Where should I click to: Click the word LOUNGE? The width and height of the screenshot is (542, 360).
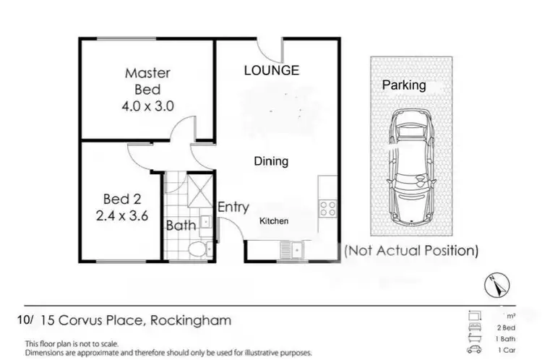[271, 70]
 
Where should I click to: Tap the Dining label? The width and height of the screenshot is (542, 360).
[271, 161]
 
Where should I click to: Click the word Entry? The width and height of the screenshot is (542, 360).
[233, 207]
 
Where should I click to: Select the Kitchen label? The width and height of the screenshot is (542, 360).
[274, 220]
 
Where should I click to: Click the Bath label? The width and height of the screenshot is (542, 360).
[181, 226]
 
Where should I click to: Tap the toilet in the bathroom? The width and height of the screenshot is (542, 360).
[194, 250]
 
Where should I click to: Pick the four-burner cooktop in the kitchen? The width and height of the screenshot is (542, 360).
[327, 208]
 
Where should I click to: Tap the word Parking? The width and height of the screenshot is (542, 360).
[404, 85]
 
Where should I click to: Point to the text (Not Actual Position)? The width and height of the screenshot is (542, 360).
[411, 251]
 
